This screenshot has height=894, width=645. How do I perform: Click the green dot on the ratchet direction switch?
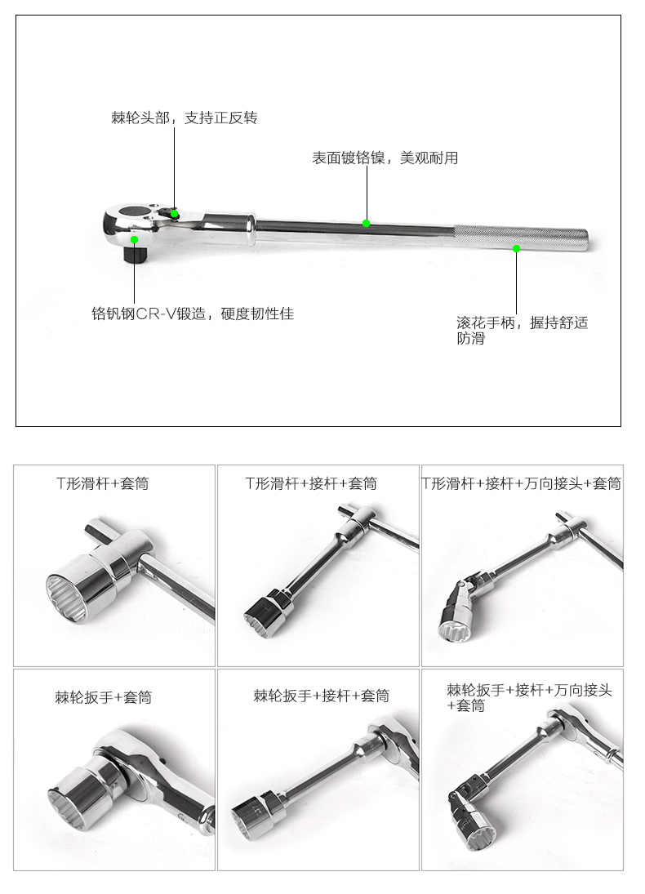point(175,214)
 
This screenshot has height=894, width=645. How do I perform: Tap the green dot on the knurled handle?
point(516,248)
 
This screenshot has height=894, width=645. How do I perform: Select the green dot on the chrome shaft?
point(366,223)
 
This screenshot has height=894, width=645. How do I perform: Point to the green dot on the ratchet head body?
point(134,239)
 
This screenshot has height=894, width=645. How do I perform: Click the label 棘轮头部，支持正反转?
point(185,118)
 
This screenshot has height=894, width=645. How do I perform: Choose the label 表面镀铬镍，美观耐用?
point(385,158)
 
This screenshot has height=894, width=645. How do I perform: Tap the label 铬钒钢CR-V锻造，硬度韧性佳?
point(193,314)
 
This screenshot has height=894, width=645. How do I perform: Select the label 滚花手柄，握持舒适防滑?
point(523,331)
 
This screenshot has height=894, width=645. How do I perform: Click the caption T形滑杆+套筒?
point(103,483)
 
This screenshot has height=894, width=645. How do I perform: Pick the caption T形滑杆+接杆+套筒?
point(311,483)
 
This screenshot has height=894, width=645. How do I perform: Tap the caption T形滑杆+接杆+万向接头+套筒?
point(522,483)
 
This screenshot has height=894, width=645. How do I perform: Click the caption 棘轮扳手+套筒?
point(104,697)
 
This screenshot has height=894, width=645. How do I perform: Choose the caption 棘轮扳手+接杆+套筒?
point(322,696)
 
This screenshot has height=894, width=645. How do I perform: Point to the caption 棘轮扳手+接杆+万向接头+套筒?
point(529,698)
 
